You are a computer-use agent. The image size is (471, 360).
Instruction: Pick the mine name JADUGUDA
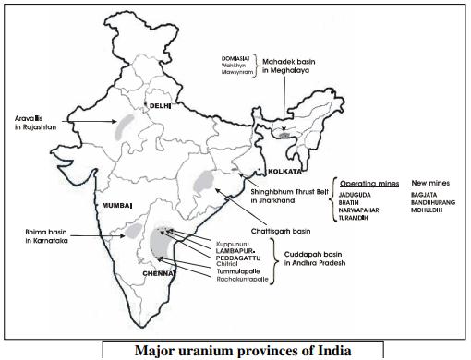(x=357, y=195)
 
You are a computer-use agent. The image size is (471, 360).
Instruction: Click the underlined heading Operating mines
(x=368, y=183)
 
